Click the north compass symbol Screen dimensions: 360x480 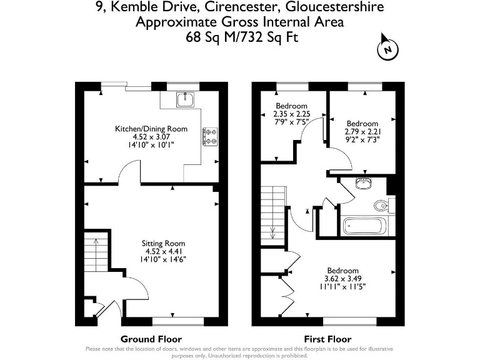tap(387, 48)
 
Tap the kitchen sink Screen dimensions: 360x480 tap(186, 99)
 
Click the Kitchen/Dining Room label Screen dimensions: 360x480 tap(151, 129)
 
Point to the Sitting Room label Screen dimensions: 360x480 tap(163, 243)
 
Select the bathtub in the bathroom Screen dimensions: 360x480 tap(364, 226)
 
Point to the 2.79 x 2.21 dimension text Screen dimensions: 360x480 tap(362, 132)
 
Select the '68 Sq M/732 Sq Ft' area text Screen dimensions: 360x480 tap(241, 37)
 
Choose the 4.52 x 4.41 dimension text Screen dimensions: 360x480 tap(163, 251)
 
